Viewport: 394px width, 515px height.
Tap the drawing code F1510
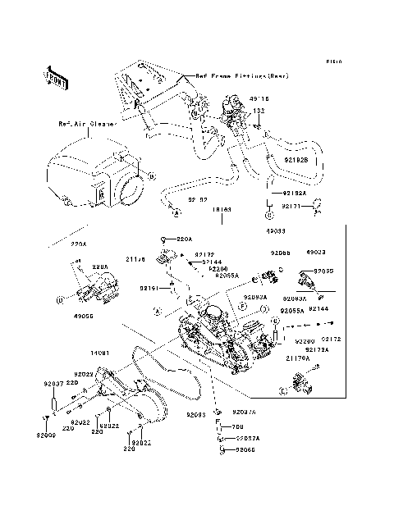pyautogui.click(x=332, y=62)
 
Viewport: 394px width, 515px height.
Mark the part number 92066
pyautogui.click(x=246, y=450)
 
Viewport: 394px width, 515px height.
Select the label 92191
pyautogui.click(x=149, y=288)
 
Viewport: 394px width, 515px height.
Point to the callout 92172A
pyautogui.click(x=318, y=349)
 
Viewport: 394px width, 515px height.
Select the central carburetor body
pyautogui.click(x=218, y=328)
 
